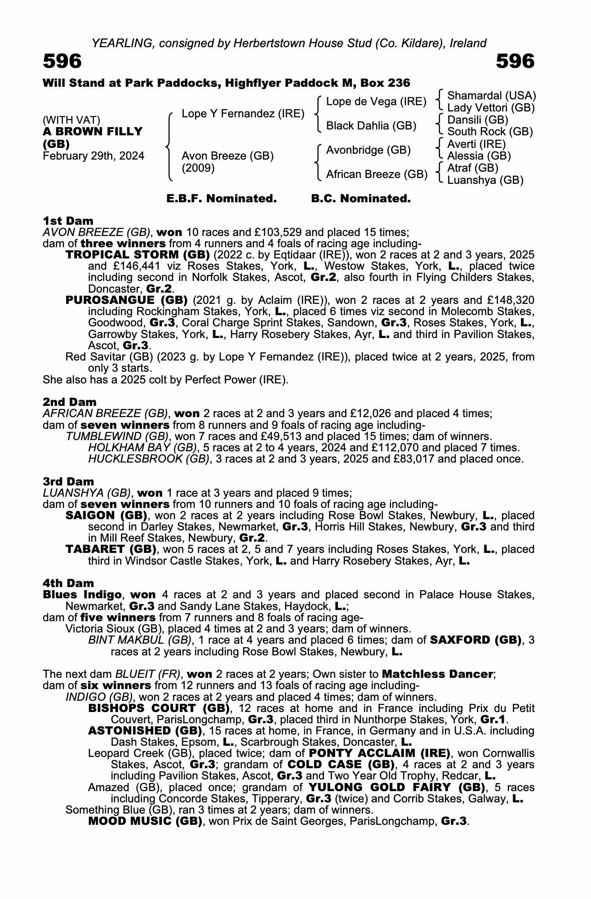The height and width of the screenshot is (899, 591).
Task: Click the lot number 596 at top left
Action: point(62,61)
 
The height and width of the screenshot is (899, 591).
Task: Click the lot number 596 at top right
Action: point(515,61)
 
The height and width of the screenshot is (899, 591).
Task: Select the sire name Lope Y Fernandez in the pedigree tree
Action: point(243,114)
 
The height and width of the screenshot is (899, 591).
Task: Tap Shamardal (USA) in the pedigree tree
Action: point(492,96)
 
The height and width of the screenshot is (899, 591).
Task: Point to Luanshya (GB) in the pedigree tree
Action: point(485,180)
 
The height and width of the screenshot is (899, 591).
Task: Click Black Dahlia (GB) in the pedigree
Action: point(371,126)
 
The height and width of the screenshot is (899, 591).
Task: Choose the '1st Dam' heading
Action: point(68,221)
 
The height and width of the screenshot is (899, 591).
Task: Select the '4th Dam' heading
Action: point(68,583)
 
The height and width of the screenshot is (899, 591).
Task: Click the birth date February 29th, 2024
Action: point(93,156)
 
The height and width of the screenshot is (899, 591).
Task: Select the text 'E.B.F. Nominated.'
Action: point(222,199)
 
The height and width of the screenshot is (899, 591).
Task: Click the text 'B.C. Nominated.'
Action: point(361,199)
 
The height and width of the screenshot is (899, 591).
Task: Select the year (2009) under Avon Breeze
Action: point(198,168)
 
